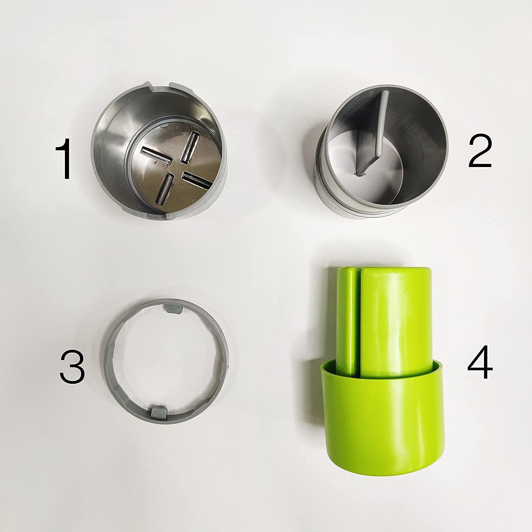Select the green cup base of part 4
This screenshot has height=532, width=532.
[383, 422]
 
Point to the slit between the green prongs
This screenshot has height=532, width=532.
[358, 319]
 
